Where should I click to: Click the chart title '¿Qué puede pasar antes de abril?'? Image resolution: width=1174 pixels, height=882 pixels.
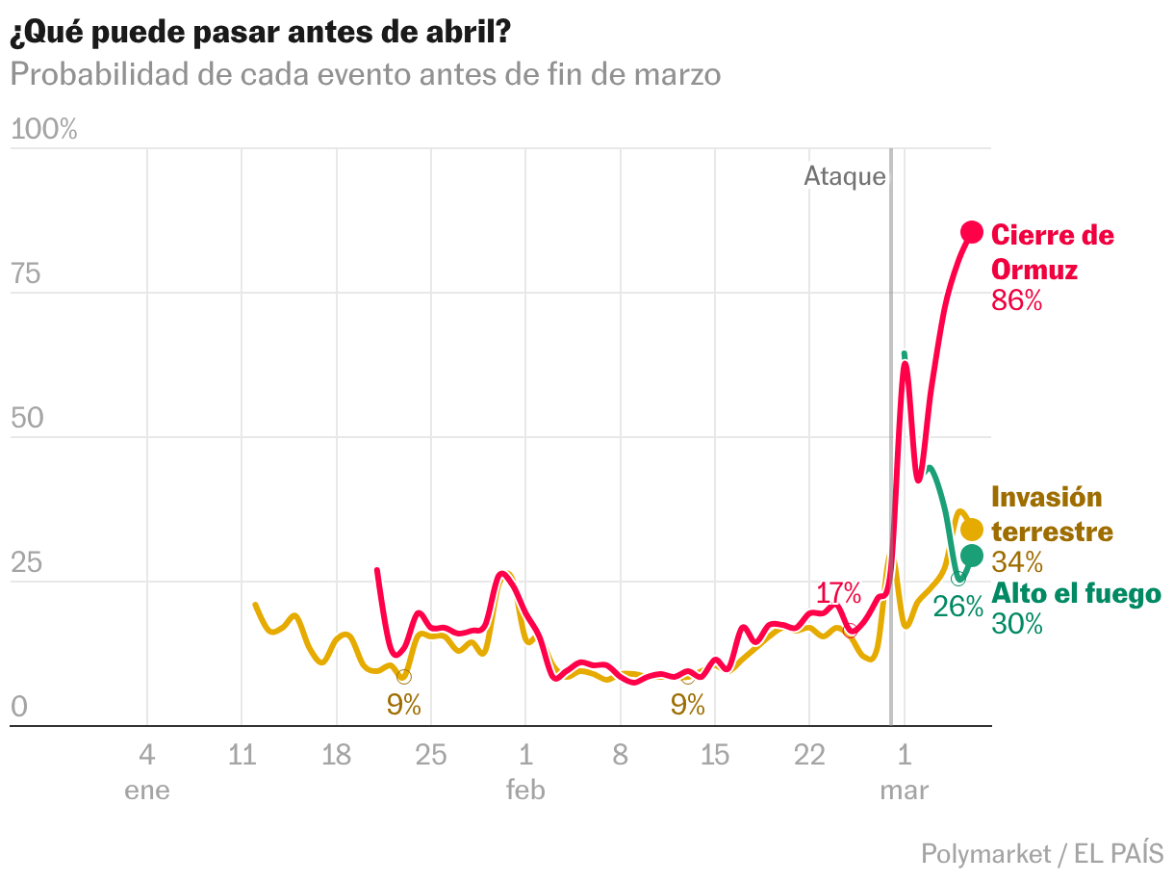pyautogui.click(x=260, y=33)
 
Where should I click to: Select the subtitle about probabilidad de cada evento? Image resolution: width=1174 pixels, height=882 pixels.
pyautogui.click(x=366, y=74)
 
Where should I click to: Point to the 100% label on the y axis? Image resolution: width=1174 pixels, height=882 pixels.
pyautogui.click(x=43, y=130)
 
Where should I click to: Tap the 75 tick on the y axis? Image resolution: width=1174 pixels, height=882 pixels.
pyautogui.click(x=26, y=274)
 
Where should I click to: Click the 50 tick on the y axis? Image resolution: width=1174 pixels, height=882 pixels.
pyautogui.click(x=26, y=419)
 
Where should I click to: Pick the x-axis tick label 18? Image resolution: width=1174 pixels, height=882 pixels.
pyautogui.click(x=336, y=755)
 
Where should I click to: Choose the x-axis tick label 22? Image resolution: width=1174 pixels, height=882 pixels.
pyautogui.click(x=809, y=755)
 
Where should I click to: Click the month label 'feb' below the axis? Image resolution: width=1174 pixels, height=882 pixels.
pyautogui.click(x=525, y=791)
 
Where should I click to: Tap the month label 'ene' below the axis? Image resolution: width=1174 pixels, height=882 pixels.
pyautogui.click(x=147, y=791)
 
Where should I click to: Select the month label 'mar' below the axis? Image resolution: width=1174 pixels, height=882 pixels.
pyautogui.click(x=904, y=791)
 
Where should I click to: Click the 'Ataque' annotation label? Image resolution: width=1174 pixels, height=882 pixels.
pyautogui.click(x=844, y=176)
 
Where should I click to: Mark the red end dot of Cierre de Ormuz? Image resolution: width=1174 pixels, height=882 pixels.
pyautogui.click(x=972, y=232)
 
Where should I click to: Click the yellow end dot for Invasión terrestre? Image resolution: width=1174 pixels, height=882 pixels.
pyautogui.click(x=972, y=530)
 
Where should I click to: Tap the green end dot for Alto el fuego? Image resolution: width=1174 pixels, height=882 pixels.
pyautogui.click(x=972, y=556)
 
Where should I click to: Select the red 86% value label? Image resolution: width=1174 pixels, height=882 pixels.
pyautogui.click(x=1017, y=300)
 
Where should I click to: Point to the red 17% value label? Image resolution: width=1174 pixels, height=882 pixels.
pyautogui.click(x=838, y=593)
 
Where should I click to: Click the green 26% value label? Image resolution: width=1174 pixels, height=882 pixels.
pyautogui.click(x=957, y=607)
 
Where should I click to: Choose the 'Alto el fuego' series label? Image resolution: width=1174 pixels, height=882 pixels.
pyautogui.click(x=1076, y=593)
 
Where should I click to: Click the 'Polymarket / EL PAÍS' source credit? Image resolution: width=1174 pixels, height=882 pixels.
pyautogui.click(x=1041, y=853)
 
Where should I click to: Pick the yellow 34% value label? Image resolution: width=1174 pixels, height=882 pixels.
pyautogui.click(x=1017, y=561)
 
